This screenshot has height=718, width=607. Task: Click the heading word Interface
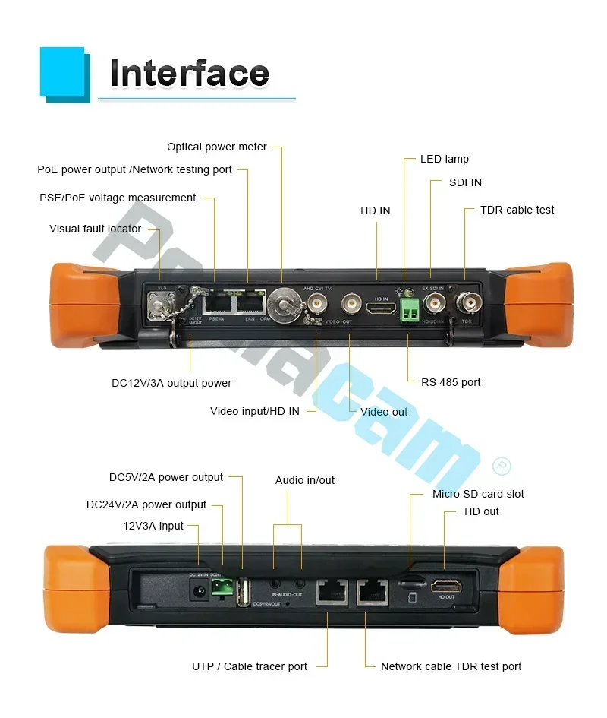(x=190, y=74)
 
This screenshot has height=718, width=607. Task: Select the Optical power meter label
(x=217, y=147)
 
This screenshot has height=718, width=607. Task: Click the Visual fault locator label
(x=96, y=229)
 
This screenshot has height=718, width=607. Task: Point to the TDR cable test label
(x=517, y=210)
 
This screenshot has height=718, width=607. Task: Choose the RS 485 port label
(x=451, y=382)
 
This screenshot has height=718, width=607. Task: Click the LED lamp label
(x=445, y=159)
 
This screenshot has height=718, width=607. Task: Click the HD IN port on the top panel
(x=377, y=308)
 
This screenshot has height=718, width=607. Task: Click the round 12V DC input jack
(x=199, y=590)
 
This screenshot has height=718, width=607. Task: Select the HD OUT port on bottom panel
(x=445, y=586)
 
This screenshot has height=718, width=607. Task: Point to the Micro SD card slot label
(x=478, y=494)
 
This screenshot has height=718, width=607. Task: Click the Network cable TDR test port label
(x=451, y=666)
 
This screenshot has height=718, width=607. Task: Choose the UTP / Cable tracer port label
(x=250, y=666)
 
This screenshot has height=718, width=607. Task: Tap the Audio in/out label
(x=304, y=480)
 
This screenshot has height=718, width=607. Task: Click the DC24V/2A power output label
(x=146, y=504)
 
